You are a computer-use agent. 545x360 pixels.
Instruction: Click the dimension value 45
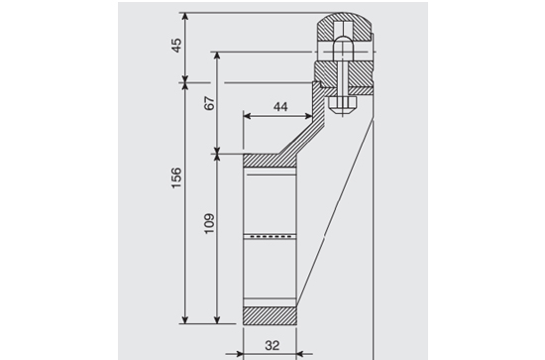(176, 46)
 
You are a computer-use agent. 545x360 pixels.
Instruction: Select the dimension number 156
(176, 178)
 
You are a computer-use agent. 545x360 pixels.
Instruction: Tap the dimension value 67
(209, 103)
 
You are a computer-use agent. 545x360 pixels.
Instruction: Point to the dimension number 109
(209, 223)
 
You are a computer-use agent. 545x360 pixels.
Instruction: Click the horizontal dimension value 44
(280, 107)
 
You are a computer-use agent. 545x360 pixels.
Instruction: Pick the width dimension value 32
(272, 345)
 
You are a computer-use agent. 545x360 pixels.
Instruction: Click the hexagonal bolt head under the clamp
(343, 104)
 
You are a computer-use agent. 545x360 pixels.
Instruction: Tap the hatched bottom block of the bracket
(270, 315)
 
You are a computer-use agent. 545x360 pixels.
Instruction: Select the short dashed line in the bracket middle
(272, 236)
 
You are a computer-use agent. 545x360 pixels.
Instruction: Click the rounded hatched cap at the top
(344, 27)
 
